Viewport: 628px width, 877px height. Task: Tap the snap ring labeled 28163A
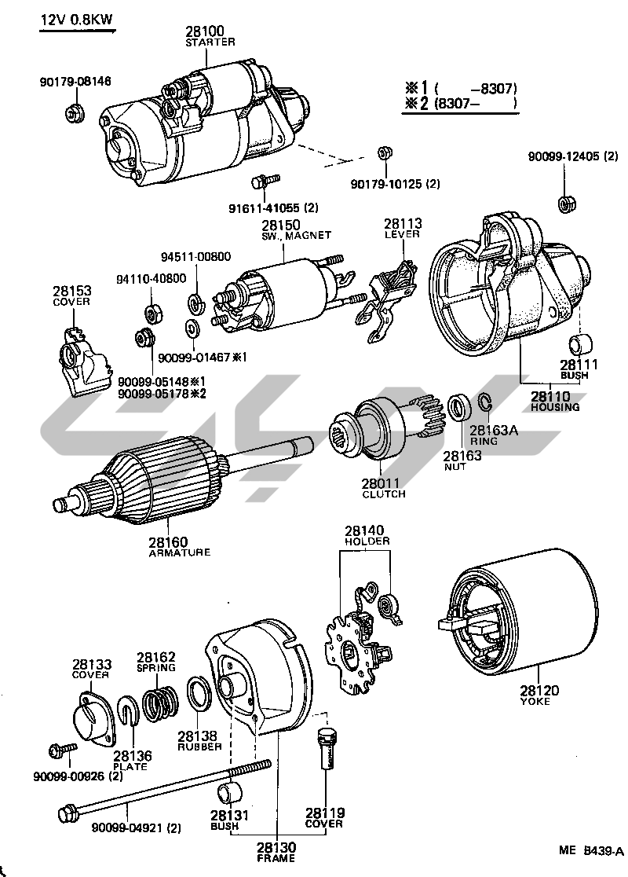pos(484,404)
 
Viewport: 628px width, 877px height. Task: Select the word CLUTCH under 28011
pos(384,494)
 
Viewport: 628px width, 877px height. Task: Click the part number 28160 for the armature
pos(168,541)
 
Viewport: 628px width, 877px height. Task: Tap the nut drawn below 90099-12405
pos(564,204)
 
